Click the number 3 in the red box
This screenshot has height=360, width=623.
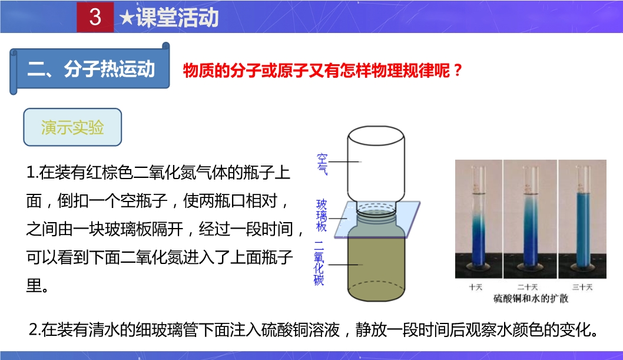[95, 17]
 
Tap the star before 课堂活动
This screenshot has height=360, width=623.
[127, 18]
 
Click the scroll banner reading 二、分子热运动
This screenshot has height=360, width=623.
[90, 69]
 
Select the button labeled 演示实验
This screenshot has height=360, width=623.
[72, 127]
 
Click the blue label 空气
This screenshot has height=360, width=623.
[322, 164]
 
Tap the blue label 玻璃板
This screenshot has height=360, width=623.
[322, 216]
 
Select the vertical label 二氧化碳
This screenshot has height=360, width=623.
[319, 263]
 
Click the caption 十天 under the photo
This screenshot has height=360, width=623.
[476, 287]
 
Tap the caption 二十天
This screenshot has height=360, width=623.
[527, 287]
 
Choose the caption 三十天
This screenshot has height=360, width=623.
[582, 287]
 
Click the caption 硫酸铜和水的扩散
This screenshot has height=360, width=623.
[531, 298]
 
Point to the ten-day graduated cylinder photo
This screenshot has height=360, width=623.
[478, 219]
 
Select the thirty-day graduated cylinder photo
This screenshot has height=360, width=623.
[582, 219]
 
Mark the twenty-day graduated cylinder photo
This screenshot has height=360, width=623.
[530, 219]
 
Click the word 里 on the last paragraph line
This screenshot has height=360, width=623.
[34, 285]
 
